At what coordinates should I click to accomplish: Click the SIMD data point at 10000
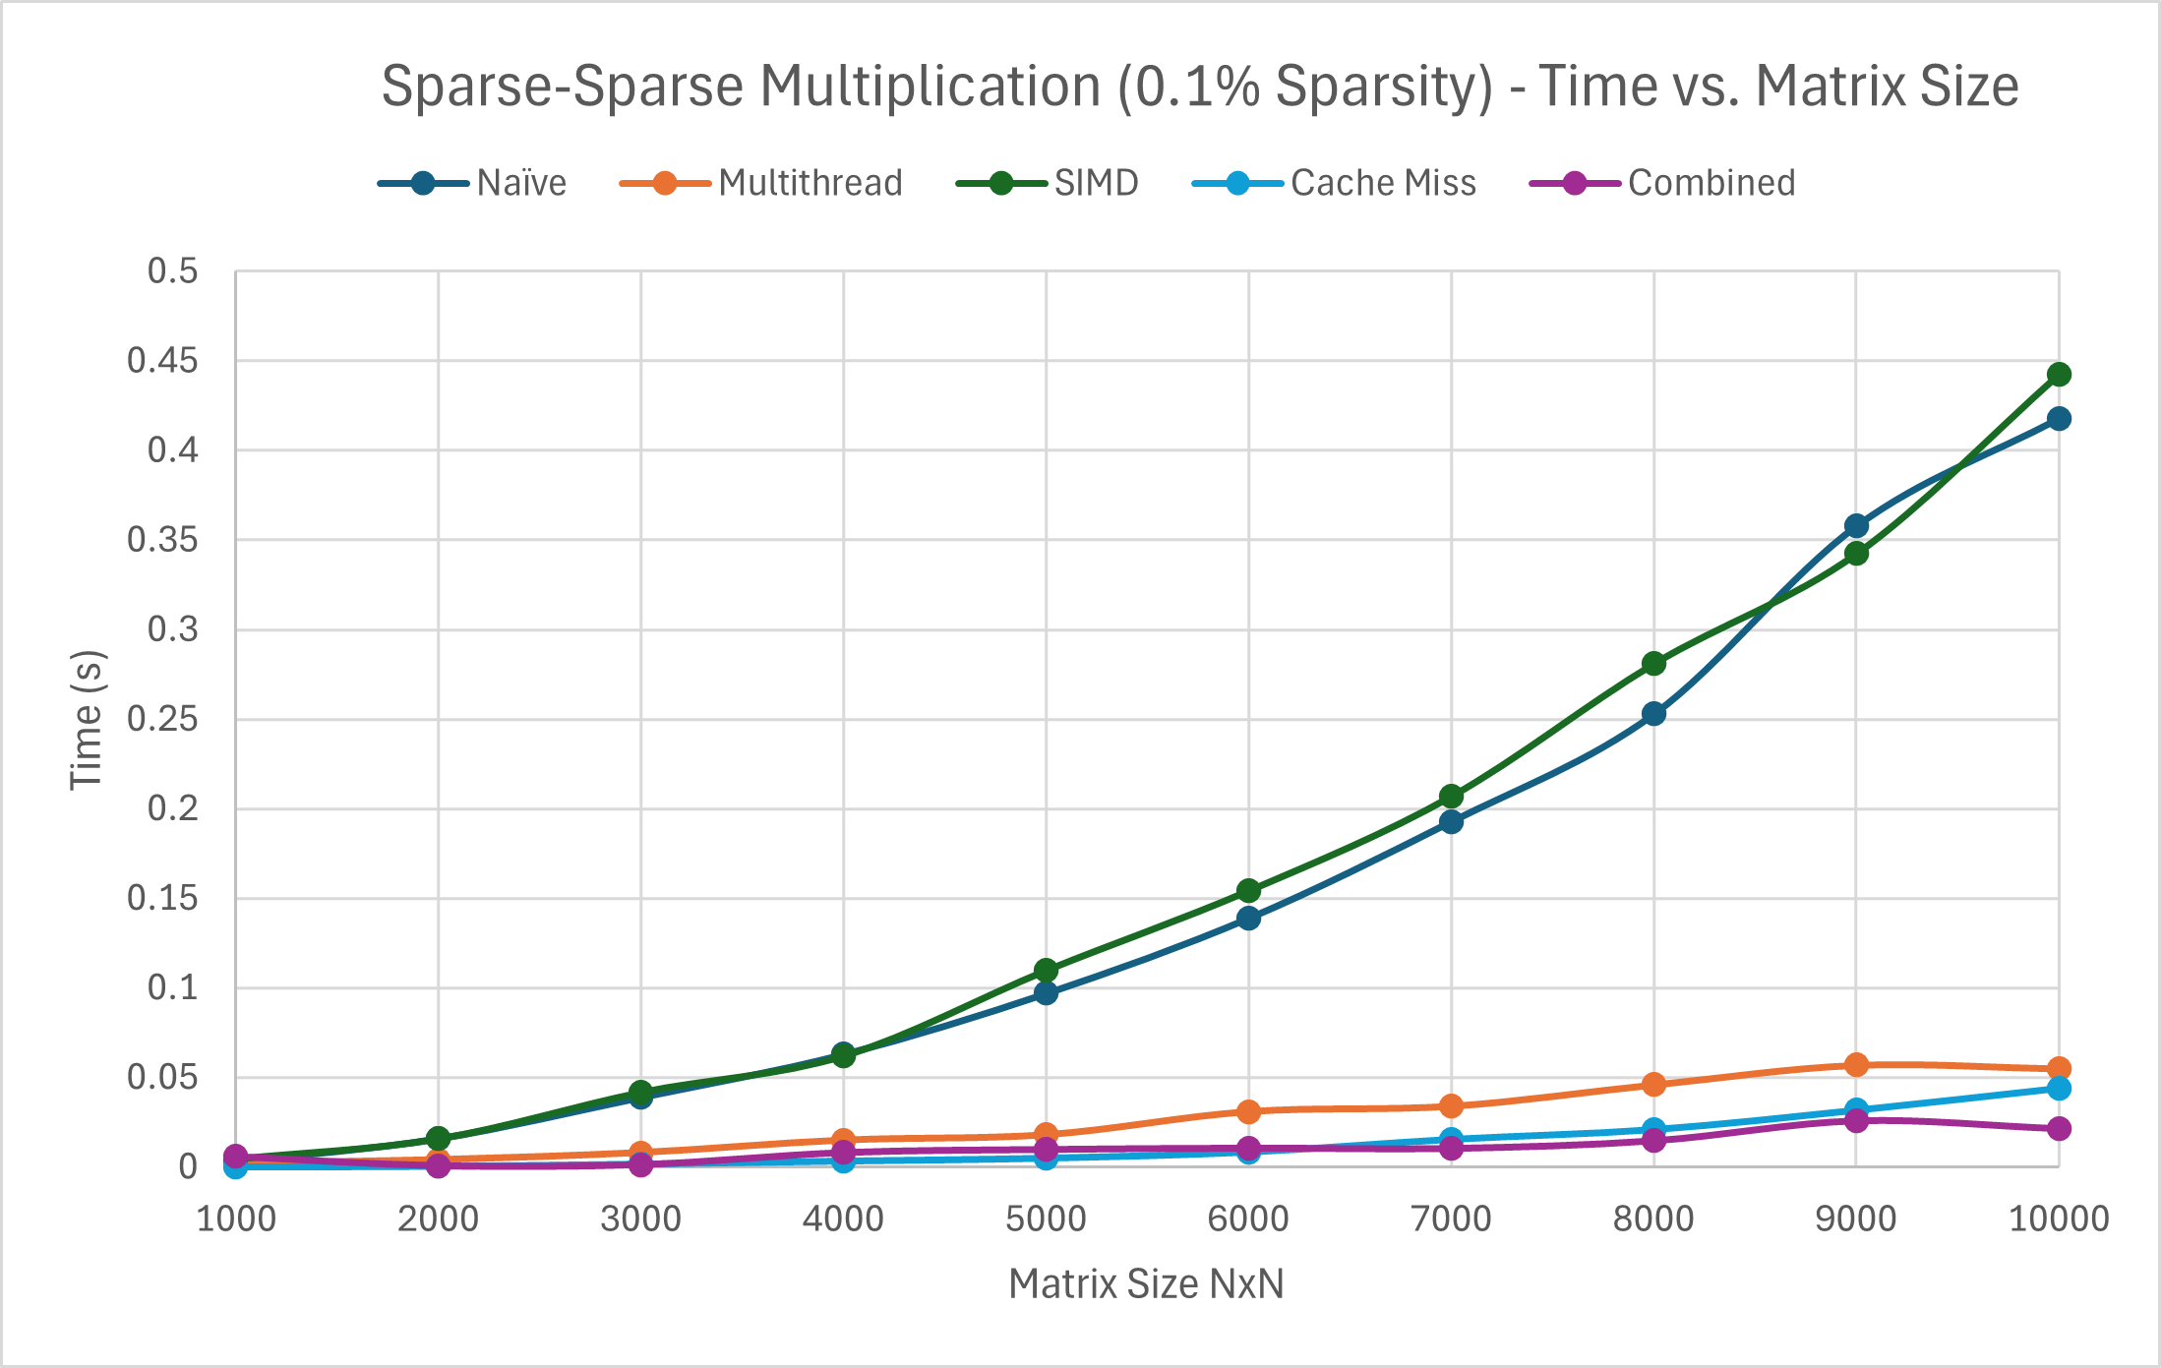coord(2058,375)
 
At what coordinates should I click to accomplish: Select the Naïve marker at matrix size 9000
coord(1856,526)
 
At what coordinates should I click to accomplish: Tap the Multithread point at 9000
coord(1856,1065)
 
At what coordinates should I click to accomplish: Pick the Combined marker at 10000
coord(2058,1128)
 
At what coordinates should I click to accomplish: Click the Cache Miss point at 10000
coord(2058,1088)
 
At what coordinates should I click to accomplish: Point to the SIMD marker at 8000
coord(1653,664)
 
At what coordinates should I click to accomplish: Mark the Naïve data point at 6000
coord(1248,919)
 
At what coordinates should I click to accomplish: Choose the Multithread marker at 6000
coord(1248,1112)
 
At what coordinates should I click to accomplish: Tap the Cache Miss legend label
coord(1382,184)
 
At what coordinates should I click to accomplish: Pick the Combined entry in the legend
coord(1711,184)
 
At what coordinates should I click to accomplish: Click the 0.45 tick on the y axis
coord(162,361)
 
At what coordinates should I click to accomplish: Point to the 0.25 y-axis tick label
coord(162,720)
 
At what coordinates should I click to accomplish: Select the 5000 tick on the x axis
coord(1046,1219)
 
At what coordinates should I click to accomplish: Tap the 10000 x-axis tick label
coord(2058,1219)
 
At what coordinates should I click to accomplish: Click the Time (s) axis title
coord(87,720)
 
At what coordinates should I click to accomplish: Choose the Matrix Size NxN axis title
coord(1146,1284)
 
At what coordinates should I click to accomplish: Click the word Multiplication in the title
coord(930,87)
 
